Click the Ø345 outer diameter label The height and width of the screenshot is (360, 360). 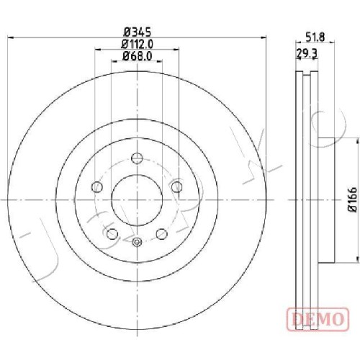[x=137, y=32]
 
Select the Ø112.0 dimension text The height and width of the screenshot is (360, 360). [x=138, y=44]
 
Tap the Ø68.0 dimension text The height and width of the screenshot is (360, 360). [x=138, y=56]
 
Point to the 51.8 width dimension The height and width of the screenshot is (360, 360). [x=315, y=37]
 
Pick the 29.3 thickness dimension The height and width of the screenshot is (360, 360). [x=307, y=53]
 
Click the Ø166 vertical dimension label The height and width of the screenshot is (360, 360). [x=352, y=200]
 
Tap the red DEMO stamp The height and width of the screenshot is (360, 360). [x=318, y=320]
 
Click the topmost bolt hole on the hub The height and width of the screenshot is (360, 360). [x=137, y=158]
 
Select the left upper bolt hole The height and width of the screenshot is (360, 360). [x=97, y=186]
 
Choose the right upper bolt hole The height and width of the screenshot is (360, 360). [x=177, y=186]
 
